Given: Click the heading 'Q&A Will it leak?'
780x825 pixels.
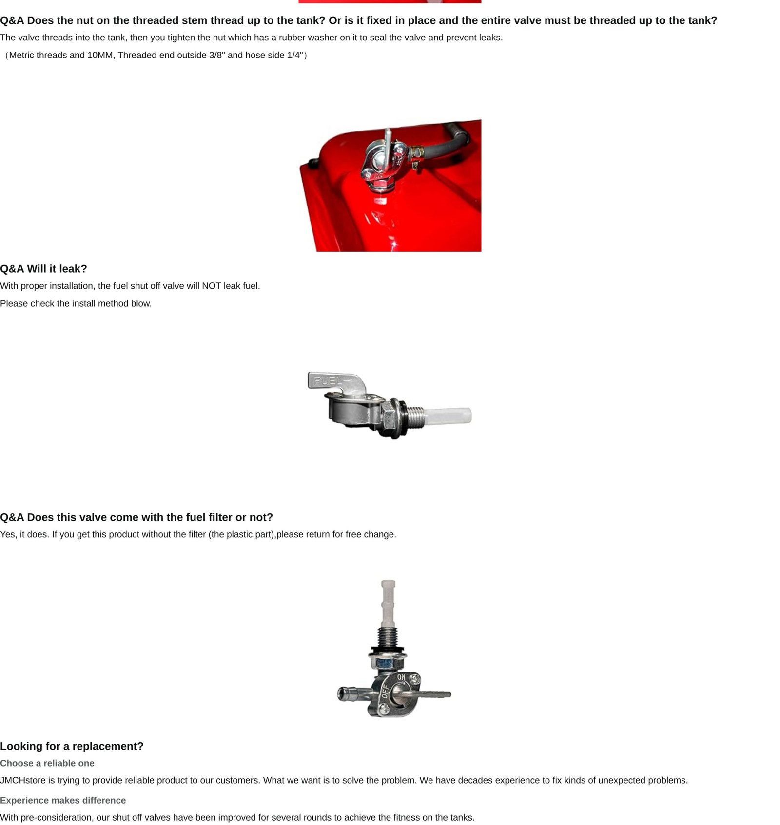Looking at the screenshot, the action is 43,269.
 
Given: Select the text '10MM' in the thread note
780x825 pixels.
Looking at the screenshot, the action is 100,55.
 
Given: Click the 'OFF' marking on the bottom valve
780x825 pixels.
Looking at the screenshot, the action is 385,691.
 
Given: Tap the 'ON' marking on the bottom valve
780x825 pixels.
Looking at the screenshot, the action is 401,677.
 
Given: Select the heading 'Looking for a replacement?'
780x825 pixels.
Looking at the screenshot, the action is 72,746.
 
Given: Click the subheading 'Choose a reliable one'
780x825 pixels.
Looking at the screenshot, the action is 47,763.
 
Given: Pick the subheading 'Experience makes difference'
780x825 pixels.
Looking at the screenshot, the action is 63,800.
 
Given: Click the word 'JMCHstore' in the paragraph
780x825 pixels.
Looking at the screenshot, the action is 22,780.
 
